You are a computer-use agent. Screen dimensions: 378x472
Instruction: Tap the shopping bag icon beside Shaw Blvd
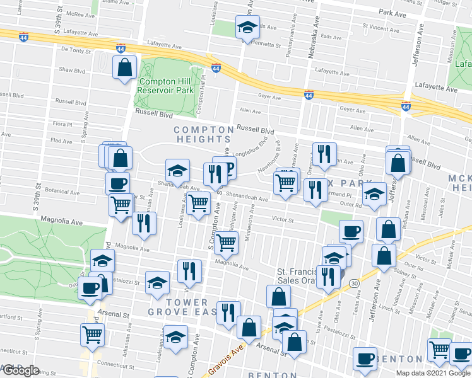pos(125,68)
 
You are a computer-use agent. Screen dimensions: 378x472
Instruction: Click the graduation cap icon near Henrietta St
pos(245,27)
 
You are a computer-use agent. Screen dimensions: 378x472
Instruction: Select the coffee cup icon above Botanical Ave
pos(118,183)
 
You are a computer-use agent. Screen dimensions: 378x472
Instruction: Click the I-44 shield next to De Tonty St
pos(121,48)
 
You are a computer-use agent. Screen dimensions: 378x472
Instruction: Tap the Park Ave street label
pos(392,13)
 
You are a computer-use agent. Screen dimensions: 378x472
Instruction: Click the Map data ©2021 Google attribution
pos(434,373)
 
